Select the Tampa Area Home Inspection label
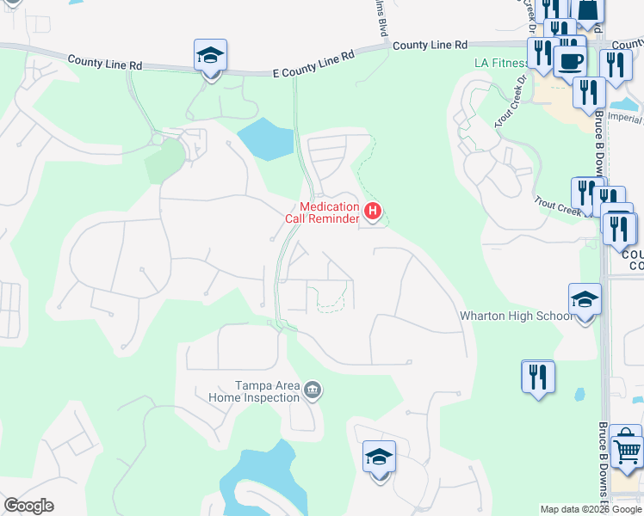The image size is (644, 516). click(256, 392)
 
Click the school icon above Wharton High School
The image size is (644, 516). click(585, 300)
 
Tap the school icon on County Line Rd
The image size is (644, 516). click(211, 56)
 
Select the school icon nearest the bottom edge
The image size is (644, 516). click(378, 458)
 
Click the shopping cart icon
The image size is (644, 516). click(627, 450)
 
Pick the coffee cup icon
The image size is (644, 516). click(570, 61)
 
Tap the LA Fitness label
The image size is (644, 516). click(501, 63)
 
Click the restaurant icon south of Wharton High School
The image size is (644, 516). click(538, 377)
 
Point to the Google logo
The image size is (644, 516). click(28, 506)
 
